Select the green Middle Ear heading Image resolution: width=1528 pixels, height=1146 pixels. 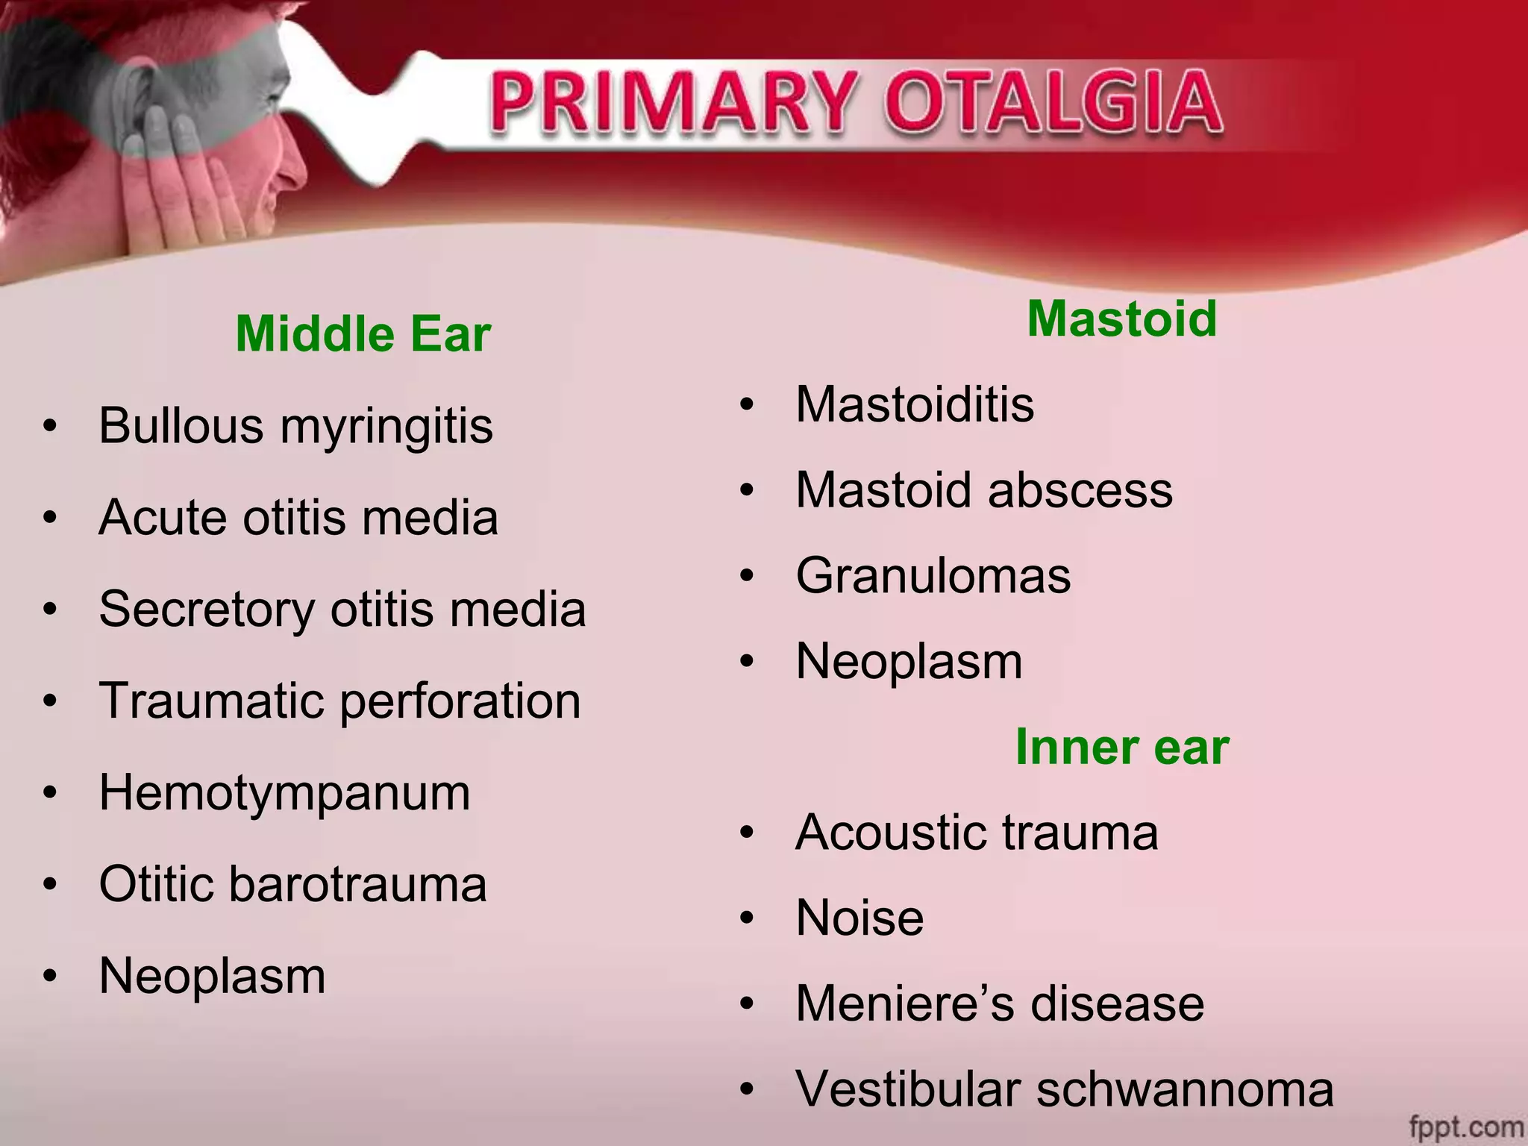[x=363, y=334]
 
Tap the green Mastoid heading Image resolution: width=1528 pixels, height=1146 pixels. [x=1121, y=319]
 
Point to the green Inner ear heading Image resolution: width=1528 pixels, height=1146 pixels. [x=1121, y=747]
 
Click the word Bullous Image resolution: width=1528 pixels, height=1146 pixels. [x=181, y=426]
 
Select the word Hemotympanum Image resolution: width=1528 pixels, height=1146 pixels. [x=284, y=792]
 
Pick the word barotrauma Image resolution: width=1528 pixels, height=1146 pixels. [x=357, y=884]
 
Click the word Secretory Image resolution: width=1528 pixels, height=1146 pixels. [x=207, y=610]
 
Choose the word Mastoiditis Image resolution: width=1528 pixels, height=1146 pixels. [x=915, y=404]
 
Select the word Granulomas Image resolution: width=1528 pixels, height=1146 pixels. [x=933, y=576]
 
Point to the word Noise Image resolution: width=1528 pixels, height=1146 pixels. [x=859, y=918]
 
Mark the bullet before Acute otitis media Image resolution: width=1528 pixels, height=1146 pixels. [x=50, y=518]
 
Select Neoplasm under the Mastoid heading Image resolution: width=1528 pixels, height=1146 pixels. [x=909, y=661]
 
